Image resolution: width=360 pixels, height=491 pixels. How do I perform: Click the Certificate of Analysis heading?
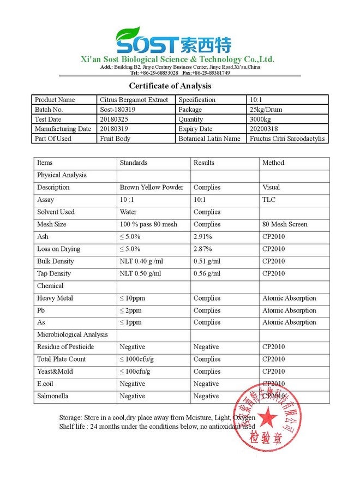point(170,86)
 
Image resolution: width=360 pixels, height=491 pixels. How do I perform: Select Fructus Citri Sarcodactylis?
point(287,139)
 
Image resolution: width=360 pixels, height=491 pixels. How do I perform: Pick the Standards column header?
point(134,163)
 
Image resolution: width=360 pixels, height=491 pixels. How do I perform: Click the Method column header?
point(273,163)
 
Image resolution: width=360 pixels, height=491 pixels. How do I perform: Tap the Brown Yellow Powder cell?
point(152,187)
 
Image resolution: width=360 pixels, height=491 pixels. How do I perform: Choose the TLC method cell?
point(269,200)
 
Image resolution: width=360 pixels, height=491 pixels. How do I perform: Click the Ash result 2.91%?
point(202,237)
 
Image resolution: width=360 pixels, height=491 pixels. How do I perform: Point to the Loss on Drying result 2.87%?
point(202,249)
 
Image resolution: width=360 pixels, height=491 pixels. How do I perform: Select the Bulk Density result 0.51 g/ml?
point(207,261)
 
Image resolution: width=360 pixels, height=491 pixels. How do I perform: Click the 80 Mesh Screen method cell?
point(285,224)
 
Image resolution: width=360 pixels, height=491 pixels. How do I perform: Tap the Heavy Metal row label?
point(55,298)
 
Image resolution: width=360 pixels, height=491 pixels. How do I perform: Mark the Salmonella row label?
point(52,396)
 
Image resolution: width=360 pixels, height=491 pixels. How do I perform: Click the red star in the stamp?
point(266,417)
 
